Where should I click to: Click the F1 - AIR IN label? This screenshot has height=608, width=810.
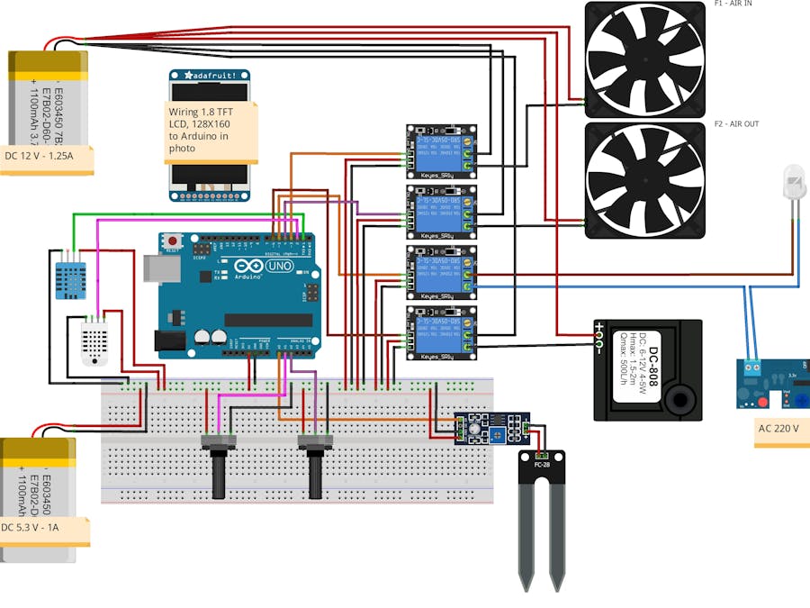[x=733, y=4]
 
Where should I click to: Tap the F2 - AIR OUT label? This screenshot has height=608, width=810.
[x=736, y=123]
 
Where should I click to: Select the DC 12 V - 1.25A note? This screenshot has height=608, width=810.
[x=50, y=156]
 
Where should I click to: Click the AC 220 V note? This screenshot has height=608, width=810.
[x=779, y=430]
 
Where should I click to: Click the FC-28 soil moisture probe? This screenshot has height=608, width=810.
[x=543, y=518]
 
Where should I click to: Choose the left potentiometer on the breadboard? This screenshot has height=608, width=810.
[x=218, y=464]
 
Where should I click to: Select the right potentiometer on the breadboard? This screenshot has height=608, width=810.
[x=315, y=464]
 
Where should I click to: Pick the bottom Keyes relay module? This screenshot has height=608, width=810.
[x=441, y=332]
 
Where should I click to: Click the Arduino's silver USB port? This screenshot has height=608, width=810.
[x=154, y=268]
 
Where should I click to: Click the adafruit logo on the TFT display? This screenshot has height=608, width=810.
[x=210, y=77]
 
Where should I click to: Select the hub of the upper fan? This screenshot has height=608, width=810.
[x=644, y=59]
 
